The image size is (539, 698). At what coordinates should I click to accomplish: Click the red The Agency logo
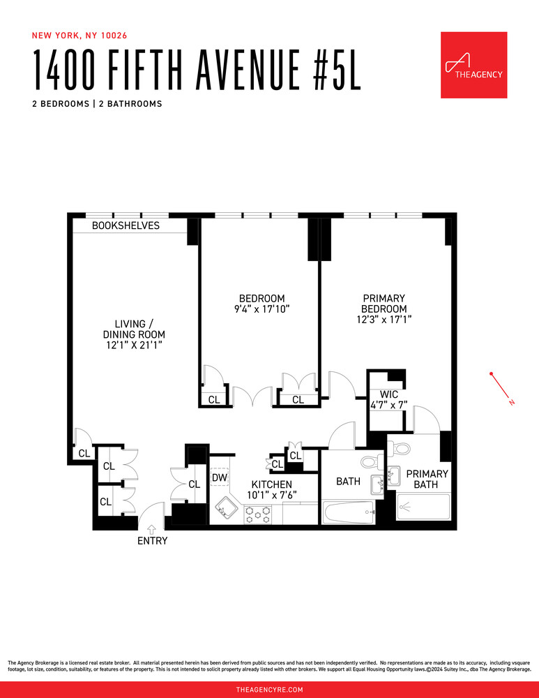pos(473,65)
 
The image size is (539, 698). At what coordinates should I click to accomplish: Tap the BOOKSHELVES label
pos(126,225)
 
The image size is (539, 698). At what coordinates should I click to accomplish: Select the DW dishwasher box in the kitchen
pos(219,478)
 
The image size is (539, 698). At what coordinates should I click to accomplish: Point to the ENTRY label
pos(152,541)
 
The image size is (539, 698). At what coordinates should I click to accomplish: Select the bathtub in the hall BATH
pos(349,512)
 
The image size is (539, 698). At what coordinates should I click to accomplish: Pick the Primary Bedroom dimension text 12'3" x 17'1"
pos(384,320)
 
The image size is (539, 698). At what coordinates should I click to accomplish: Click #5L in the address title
pos(332,72)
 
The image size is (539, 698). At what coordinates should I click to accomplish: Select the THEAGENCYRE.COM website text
pos(269,690)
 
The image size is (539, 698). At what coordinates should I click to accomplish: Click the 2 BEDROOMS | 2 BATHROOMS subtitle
pos(97,104)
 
